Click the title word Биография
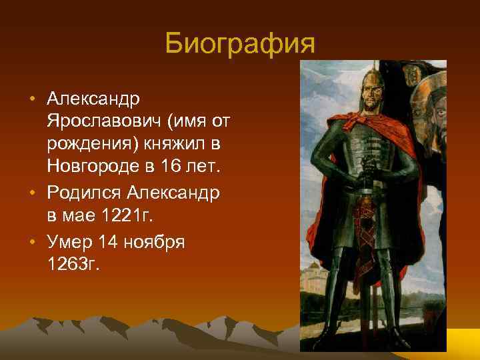(239, 45)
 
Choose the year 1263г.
(73, 264)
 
